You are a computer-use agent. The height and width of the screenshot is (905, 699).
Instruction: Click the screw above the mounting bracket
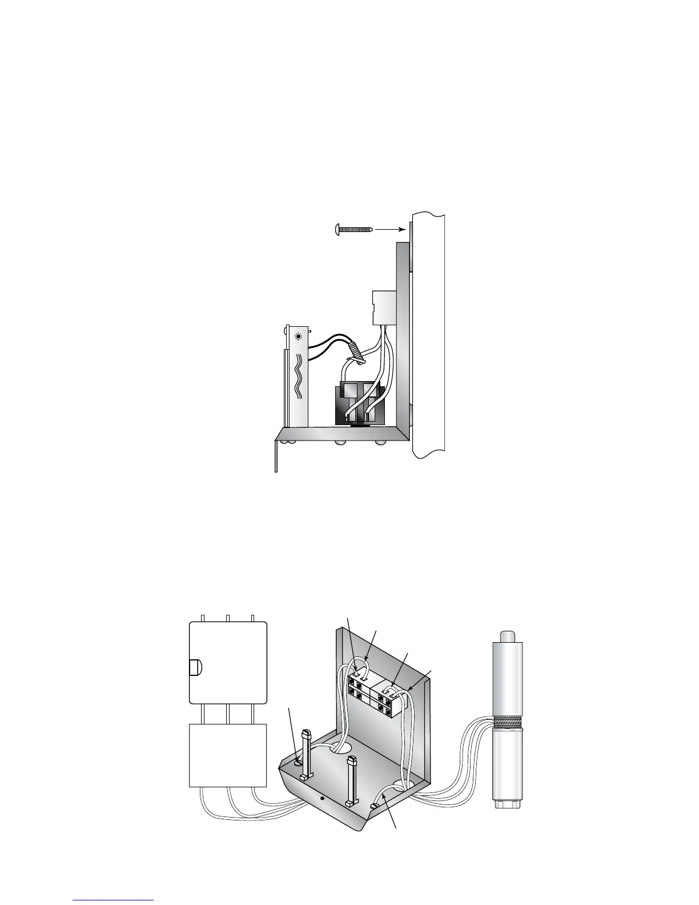(352, 229)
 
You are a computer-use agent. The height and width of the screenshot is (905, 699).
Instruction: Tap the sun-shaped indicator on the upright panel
(298, 337)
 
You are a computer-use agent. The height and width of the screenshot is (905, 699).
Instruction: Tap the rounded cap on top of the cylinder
(508, 635)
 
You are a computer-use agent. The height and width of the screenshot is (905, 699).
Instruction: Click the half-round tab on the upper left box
(194, 667)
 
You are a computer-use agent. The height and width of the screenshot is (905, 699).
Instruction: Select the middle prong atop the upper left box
(227, 618)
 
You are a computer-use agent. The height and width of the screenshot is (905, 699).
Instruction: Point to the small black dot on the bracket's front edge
(323, 798)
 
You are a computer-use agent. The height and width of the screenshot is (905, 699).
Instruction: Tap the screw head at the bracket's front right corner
(375, 805)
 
